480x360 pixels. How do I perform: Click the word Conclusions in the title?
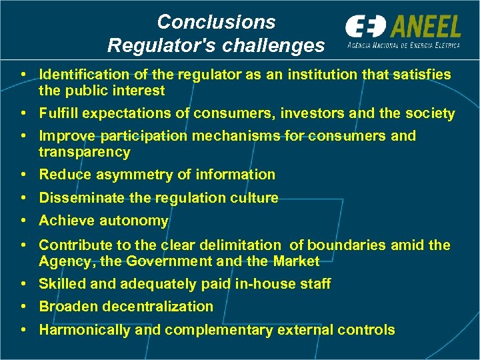coord(216,22)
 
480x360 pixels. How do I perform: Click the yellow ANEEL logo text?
coord(425,27)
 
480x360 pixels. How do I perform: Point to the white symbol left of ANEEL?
coord(365,27)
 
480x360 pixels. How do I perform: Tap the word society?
coord(429,113)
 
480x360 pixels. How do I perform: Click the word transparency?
coord(85,152)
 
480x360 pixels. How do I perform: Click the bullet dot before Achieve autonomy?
coord(23,221)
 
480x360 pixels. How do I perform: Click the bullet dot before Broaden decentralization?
coord(23,307)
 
